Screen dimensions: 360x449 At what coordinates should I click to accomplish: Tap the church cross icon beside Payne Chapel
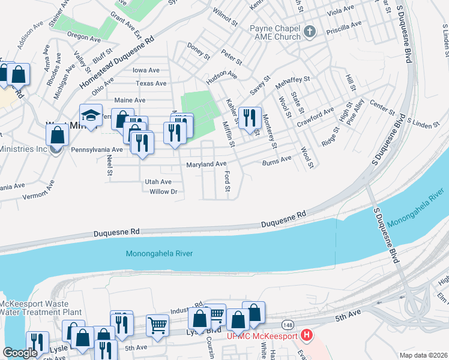point(310,31)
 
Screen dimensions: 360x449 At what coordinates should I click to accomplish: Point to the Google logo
point(20,353)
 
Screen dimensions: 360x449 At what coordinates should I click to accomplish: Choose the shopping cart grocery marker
point(157,325)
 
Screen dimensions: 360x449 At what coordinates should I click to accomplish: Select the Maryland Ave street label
point(206,164)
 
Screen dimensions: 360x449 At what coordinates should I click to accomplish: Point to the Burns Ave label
point(277,160)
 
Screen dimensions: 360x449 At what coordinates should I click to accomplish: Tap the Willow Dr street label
point(164,192)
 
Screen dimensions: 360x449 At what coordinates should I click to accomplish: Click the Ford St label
point(228,181)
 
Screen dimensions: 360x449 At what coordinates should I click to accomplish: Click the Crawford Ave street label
point(315,117)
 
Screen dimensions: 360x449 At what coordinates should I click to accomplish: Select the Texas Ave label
point(151,83)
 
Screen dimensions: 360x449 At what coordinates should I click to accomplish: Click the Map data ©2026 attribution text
point(423,355)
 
